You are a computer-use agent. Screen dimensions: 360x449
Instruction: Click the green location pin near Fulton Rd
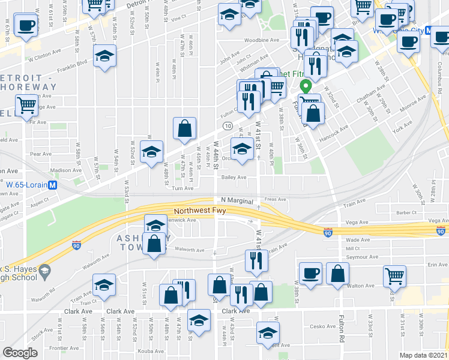306,87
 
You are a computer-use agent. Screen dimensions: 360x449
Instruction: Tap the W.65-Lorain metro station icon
53,185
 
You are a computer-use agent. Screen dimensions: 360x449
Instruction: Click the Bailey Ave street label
234,178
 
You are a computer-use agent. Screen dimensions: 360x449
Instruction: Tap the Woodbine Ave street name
262,41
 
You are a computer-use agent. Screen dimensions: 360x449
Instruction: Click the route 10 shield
228,126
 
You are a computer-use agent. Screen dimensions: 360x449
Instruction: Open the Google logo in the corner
20,352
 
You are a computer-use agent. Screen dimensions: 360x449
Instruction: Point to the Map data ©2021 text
424,355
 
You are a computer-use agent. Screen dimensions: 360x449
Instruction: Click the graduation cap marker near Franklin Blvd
105,56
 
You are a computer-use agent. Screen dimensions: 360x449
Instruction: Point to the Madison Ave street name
65,170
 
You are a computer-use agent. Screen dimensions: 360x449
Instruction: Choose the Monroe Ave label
414,103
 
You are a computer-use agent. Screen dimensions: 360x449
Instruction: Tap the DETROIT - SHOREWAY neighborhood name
29,82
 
